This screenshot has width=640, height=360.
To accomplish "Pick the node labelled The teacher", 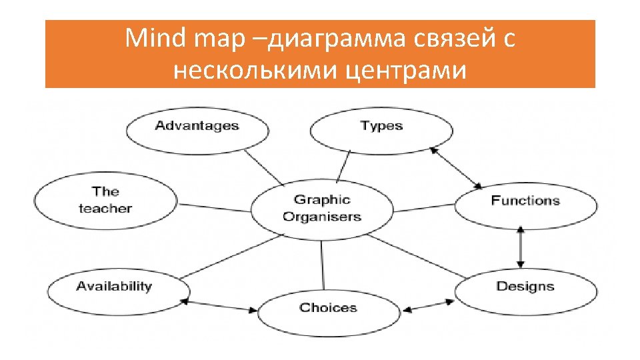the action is tap(105, 200).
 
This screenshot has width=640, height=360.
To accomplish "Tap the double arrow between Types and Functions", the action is tap(456, 167).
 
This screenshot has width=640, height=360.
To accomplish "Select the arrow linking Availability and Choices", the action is tap(221, 306).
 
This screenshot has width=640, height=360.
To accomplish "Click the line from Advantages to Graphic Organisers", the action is tap(263, 168).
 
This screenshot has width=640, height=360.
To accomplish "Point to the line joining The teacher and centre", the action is tap(213, 206).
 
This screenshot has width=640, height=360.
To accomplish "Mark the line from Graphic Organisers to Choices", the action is tap(323, 267).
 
